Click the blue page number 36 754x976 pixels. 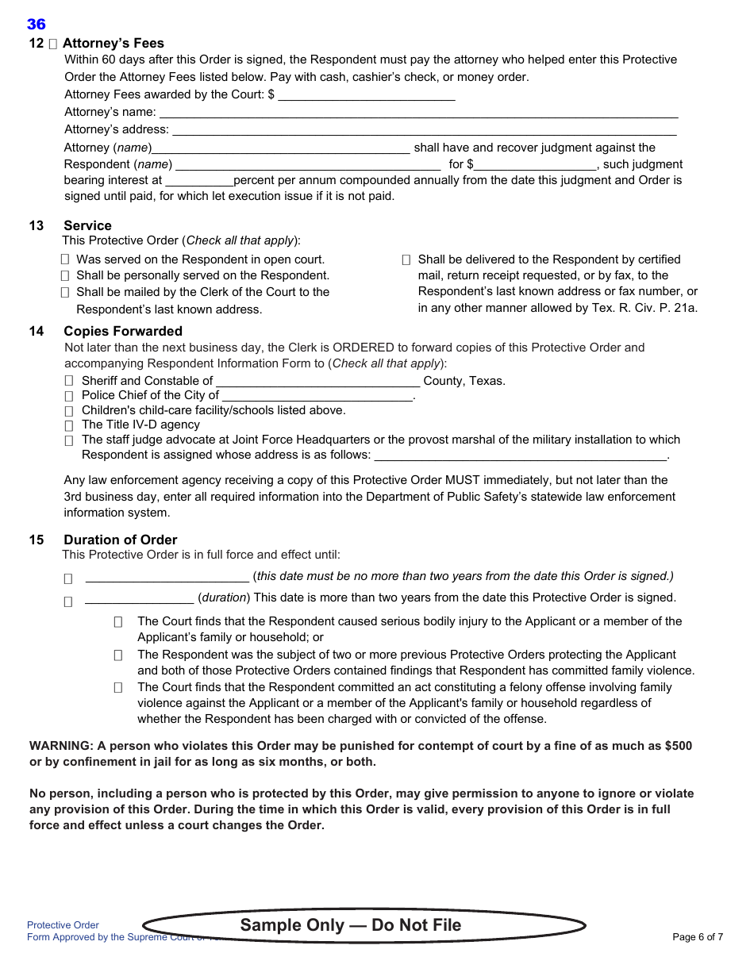pos(37,25)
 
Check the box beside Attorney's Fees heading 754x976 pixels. pos(52,44)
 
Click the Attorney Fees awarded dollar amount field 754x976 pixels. pos(366,95)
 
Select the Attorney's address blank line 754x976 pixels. pos(424,129)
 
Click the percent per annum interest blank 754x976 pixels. pos(198,181)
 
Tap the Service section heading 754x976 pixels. pos(87,225)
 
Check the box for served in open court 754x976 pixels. pos(65,259)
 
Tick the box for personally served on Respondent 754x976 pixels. pos(65,275)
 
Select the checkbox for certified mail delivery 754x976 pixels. pos(406,259)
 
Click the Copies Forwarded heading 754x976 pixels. pos(123,331)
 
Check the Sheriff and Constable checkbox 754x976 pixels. pos(69,381)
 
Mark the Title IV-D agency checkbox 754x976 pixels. pos(69,425)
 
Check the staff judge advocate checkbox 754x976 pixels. pos(69,440)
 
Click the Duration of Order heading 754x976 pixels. pos(120,540)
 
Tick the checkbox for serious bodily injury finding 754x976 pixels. pos(118,622)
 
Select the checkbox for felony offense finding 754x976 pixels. pos(118,688)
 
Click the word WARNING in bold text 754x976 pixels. pos(60,746)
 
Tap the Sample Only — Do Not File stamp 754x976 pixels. pos(351,925)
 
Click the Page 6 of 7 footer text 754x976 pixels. pos(697,937)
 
